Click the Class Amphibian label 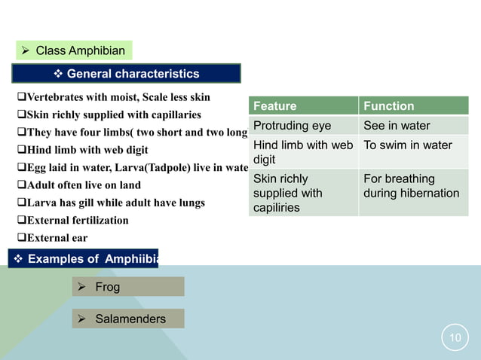point(75,51)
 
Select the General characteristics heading point(126,74)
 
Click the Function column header point(413,106)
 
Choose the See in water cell point(413,125)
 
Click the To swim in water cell point(413,145)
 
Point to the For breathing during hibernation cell point(413,186)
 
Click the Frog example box point(128,287)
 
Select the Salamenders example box point(128,319)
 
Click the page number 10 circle point(455,338)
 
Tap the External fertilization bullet point(72,221)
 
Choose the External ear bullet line point(53,238)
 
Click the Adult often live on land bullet point(78,185)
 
